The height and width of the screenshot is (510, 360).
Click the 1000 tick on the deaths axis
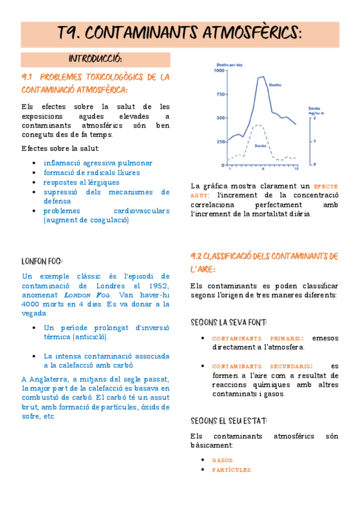coord(218,71)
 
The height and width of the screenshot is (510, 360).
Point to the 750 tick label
coord(219,94)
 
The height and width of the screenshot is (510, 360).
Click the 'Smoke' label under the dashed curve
coord(260,146)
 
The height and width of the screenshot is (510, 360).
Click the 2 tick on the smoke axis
coord(314,118)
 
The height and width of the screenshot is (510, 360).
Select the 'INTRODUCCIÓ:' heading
coord(96,59)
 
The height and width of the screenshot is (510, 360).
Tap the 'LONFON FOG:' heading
coord(42,261)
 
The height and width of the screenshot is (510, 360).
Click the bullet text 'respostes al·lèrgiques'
coord(81,182)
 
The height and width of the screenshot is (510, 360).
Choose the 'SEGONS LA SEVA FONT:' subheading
coord(228,322)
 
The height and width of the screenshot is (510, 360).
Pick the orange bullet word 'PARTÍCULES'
coord(231,470)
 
